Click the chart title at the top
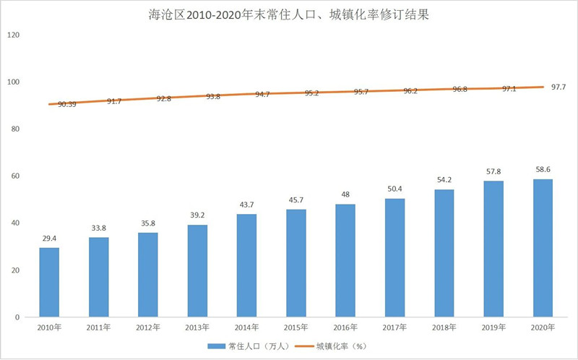click(289, 14)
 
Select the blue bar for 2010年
click(49, 282)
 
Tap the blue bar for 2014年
click(246, 265)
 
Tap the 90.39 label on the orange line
click(66, 105)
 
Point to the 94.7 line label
click(262, 94)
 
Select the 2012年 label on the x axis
click(147, 327)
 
